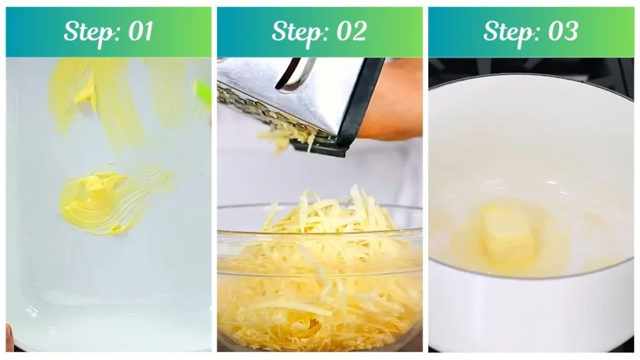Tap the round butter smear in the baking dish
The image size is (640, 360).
tap(100, 200)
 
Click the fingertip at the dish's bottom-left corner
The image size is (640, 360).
tap(9, 329)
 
